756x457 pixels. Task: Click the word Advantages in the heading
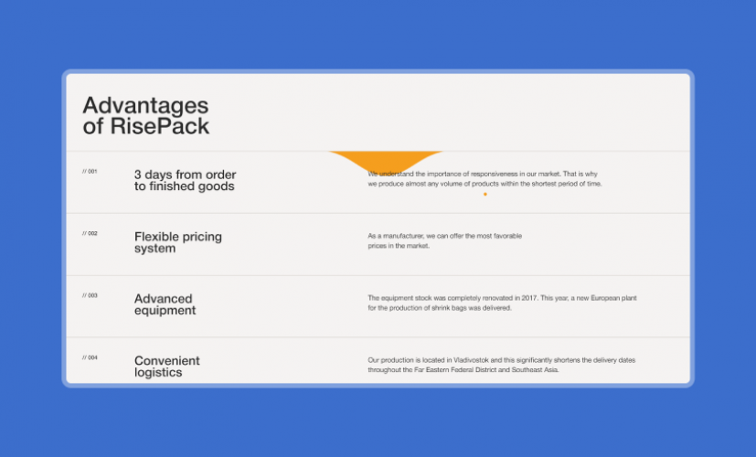click(145, 106)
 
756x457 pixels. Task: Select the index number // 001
click(90, 171)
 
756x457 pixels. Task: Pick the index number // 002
click(90, 233)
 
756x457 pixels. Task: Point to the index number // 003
click(90, 295)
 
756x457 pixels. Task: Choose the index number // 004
click(90, 357)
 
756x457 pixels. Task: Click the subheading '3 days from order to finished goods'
click(185, 180)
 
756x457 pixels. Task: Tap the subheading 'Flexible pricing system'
click(177, 242)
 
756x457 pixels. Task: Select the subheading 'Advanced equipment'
click(165, 304)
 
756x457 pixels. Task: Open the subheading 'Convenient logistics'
click(166, 367)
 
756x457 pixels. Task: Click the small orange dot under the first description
click(484, 194)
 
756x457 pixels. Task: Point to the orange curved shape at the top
click(385, 161)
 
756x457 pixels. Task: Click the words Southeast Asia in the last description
click(533, 370)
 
